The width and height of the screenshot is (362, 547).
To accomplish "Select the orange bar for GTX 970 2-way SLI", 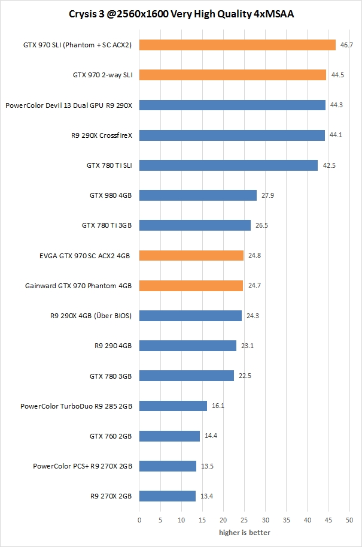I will coord(233,75).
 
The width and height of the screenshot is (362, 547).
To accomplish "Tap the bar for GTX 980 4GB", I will coord(198,195).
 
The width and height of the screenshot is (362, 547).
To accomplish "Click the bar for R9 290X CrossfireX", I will coord(232,135).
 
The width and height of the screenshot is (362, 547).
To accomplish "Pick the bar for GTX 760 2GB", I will coord(169,436).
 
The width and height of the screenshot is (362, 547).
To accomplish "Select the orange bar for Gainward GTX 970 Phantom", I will coord(191,286).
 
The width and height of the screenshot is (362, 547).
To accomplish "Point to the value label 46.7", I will coord(346,45).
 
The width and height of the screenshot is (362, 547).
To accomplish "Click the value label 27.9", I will coord(267,195).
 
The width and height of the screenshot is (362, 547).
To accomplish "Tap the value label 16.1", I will coord(218,406).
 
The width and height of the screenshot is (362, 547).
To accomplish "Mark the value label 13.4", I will coord(206,496).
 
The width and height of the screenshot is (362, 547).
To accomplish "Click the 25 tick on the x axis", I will coord(244,521).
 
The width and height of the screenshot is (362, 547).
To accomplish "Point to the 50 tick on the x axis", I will coord(349,521).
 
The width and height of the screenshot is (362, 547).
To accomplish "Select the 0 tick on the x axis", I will coord(139,521).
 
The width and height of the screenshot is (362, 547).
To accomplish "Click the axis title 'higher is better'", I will coord(244,533).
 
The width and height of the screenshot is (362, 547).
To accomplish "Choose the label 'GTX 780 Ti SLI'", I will coord(109,165).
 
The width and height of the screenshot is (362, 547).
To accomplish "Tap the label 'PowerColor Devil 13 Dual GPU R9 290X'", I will coord(69,105).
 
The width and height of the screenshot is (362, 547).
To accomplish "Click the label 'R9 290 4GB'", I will coord(113,346).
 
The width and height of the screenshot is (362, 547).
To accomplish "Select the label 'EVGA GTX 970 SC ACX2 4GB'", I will coord(86,256).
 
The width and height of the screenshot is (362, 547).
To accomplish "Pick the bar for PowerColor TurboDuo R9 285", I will coord(173,406).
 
